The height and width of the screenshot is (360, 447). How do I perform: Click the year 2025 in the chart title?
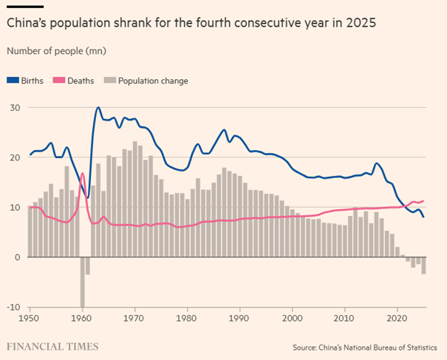point(359,23)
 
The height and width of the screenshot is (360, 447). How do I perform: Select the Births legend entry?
point(28,81)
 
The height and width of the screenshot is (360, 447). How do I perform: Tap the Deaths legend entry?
point(79,81)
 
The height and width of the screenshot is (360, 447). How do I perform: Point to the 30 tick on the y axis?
point(13,108)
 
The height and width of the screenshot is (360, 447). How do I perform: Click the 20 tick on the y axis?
point(13,157)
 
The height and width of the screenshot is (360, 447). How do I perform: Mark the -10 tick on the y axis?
point(12,307)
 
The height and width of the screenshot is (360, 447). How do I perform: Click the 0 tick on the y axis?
point(16,257)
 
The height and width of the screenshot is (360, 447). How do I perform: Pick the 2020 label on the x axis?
point(397,318)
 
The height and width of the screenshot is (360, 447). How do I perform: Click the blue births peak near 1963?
point(98,108)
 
